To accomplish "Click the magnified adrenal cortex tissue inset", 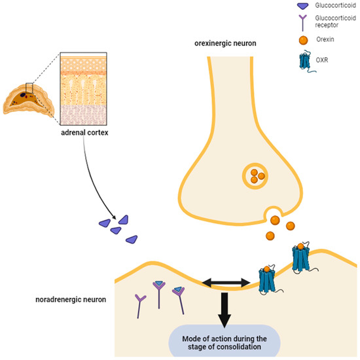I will click(x=88, y=92).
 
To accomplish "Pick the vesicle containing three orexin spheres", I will click(x=256, y=175).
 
